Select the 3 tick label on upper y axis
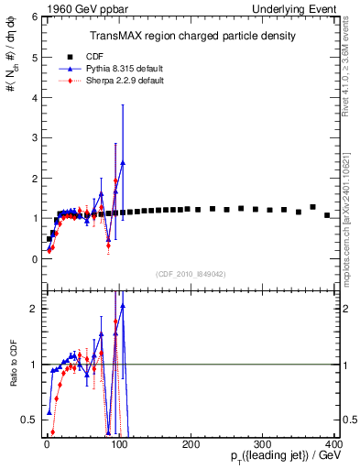pyautogui.click(x=34, y=138)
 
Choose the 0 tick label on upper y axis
pyautogui.click(x=34, y=259)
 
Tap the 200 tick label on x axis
pyautogui.click(x=191, y=443)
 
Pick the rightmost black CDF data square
pyautogui.click(x=327, y=215)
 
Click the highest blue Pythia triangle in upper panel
pyautogui.click(x=122, y=162)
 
